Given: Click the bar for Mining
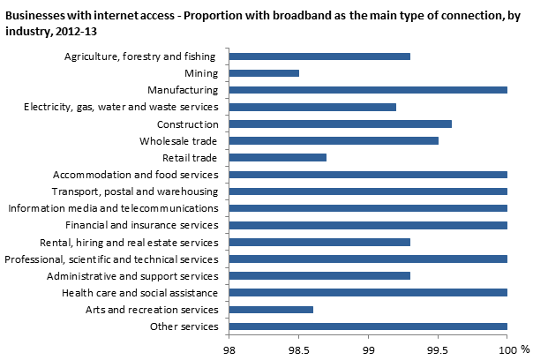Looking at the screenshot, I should pyautogui.click(x=264, y=73).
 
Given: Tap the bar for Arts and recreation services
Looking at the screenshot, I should pyautogui.click(x=271, y=310).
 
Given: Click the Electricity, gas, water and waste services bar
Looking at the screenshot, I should pyautogui.click(x=312, y=107).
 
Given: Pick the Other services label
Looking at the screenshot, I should pyautogui.click(x=184, y=327).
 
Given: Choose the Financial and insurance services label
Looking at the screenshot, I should pyautogui.click(x=145, y=225).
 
